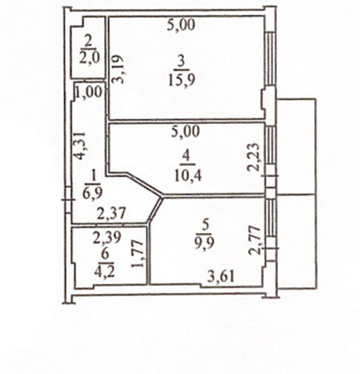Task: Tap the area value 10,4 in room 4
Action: click(x=188, y=176)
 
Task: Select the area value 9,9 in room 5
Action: click(x=204, y=243)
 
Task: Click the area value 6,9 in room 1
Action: click(x=93, y=192)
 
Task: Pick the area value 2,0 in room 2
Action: click(x=89, y=58)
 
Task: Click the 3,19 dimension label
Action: click(x=118, y=69)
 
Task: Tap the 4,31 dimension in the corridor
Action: click(x=79, y=145)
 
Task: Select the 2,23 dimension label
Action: click(x=253, y=157)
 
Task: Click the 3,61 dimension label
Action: click(x=221, y=277)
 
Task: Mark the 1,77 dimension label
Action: click(x=138, y=254)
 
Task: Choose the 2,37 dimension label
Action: click(x=111, y=213)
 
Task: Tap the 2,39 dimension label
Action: click(x=107, y=237)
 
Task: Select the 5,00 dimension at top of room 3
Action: click(x=181, y=25)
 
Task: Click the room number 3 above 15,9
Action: click(x=181, y=63)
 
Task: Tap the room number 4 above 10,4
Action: click(x=186, y=158)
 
